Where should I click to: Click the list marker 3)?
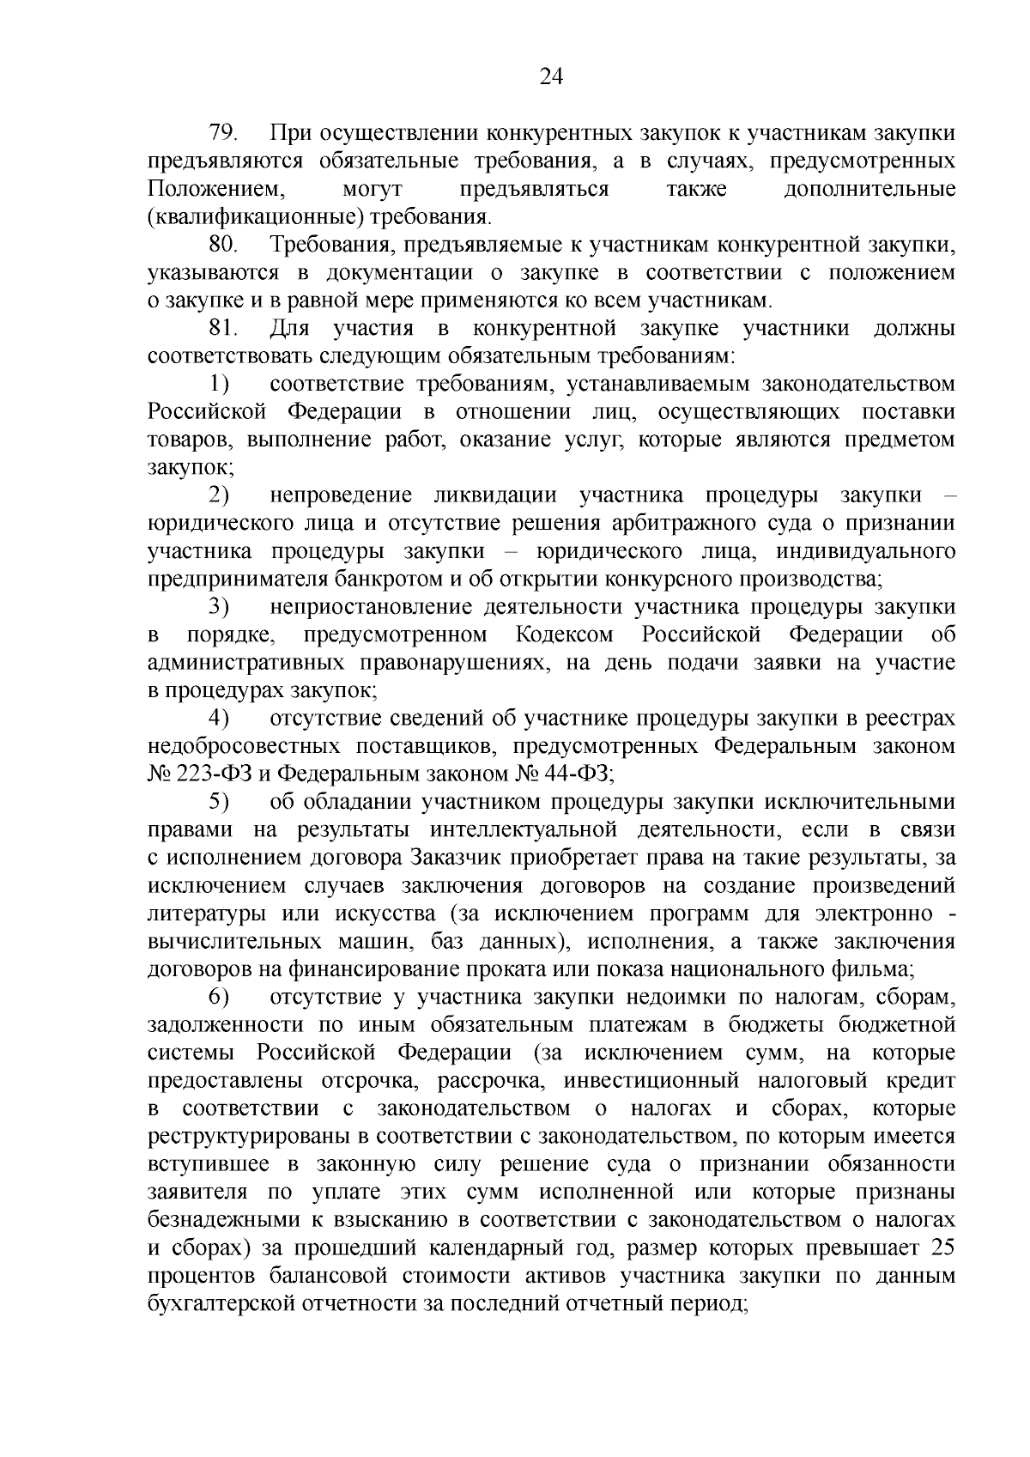click(219, 607)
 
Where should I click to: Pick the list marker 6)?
click(219, 998)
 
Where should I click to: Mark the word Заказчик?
click(457, 858)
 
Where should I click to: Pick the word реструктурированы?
click(247, 1136)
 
